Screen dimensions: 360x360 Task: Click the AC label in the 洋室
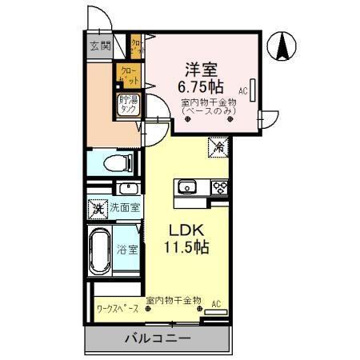pos(242,91)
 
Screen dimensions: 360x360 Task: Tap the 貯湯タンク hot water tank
pos(129,104)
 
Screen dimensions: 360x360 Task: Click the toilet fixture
pos(117,163)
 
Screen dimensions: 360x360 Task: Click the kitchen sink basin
pos(189,187)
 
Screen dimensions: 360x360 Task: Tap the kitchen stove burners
pos(219,187)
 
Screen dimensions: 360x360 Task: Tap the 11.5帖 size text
pos(187,247)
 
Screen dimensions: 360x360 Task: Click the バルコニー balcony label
pos(157,338)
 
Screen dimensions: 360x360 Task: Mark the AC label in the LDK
pos(215,305)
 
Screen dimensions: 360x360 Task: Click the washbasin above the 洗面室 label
pos(126,189)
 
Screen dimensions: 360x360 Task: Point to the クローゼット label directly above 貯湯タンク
pos(129,75)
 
